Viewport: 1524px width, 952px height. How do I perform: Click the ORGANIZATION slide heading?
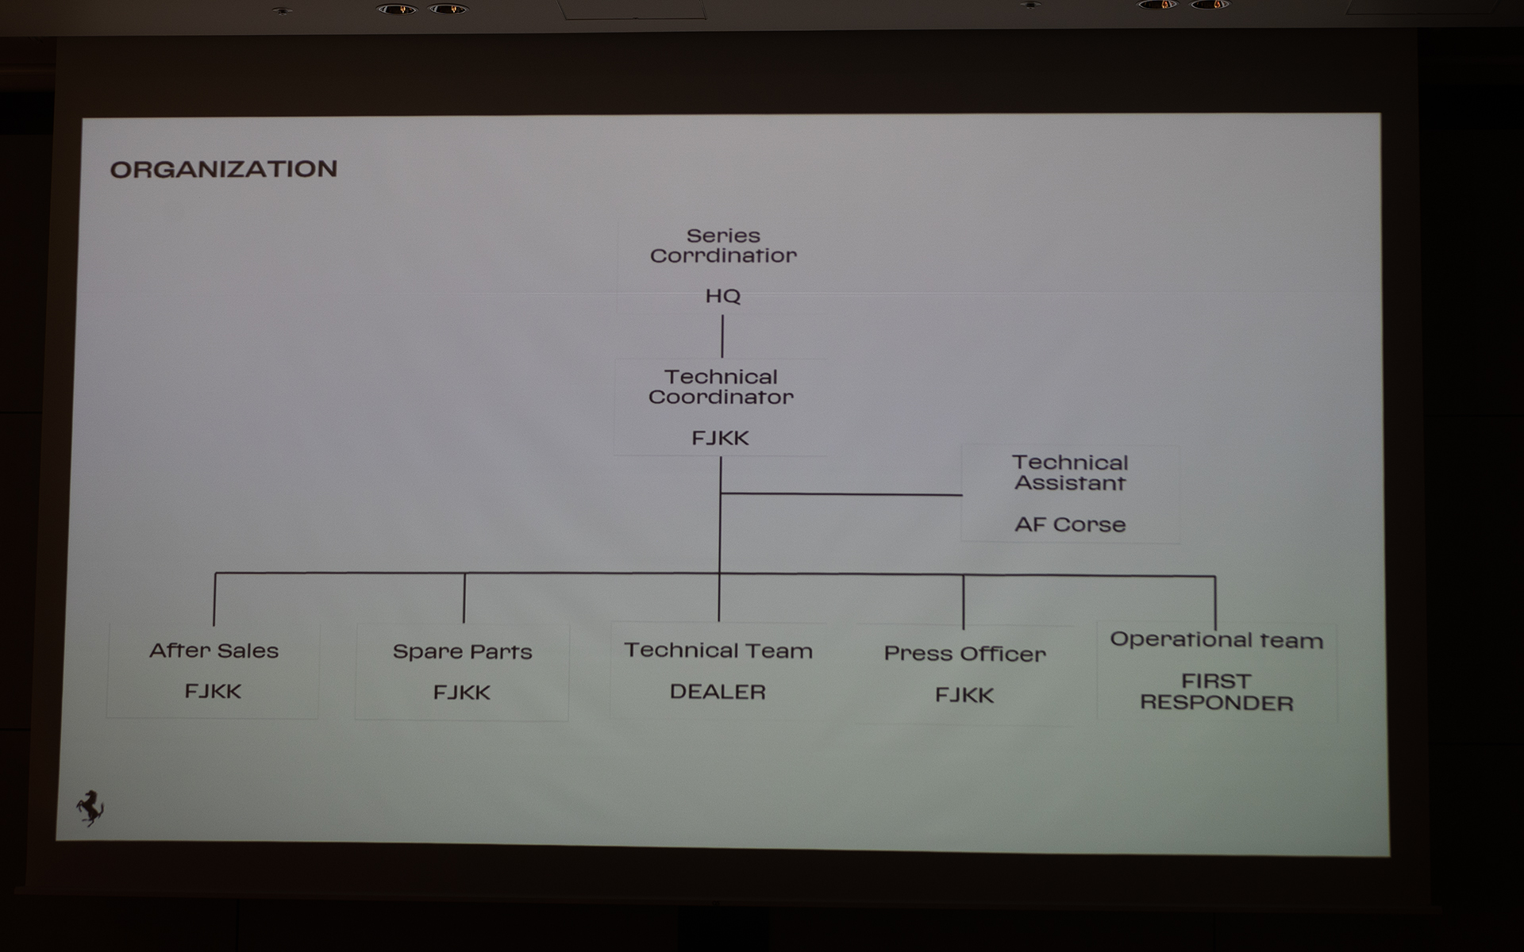coord(224,169)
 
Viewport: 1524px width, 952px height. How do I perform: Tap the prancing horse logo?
coord(90,808)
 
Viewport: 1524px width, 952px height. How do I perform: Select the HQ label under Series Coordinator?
coord(723,296)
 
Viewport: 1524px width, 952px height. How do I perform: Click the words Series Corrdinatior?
coord(723,246)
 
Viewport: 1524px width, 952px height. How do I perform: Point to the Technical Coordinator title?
coord(721,387)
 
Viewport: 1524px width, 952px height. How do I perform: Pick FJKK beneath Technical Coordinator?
coord(720,438)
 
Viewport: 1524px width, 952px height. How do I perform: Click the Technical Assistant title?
coord(1070,473)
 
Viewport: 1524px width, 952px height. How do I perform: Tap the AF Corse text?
coord(1070,524)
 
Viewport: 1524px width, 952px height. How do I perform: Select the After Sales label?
coord(214,651)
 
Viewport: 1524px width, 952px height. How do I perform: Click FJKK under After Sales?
coord(213,691)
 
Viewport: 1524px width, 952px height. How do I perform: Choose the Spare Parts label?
coord(462,652)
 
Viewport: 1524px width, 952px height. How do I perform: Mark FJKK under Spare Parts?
coord(462,693)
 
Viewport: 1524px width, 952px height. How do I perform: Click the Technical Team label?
coord(718,651)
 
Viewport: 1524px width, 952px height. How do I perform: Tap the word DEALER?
coord(718,692)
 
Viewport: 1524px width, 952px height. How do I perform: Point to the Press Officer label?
coord(965,654)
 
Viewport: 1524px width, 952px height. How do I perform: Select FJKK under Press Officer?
coord(964,695)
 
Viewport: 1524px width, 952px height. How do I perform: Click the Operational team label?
coord(1217,640)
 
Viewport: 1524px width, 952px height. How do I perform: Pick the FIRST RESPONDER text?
coord(1217,692)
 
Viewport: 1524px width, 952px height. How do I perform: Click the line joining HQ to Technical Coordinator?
coord(722,336)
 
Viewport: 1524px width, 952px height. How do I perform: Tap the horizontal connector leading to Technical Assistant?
coord(841,494)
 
